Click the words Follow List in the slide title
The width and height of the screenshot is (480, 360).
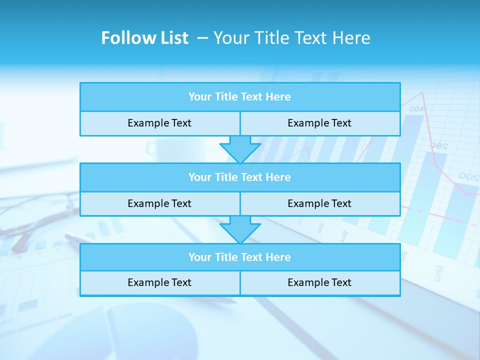(144, 38)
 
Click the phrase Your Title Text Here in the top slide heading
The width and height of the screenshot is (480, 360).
(291, 38)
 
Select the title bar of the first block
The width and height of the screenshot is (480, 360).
(240, 97)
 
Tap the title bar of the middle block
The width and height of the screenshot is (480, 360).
(240, 177)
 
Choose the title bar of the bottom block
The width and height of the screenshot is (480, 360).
(240, 257)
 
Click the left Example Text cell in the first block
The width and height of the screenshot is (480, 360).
(159, 123)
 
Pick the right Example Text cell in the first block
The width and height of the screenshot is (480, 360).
(319, 123)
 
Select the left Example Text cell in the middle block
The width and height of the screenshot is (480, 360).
(159, 203)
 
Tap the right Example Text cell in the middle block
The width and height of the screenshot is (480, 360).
(319, 203)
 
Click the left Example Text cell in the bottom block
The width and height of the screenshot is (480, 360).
(159, 282)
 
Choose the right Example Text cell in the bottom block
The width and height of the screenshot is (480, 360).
(319, 282)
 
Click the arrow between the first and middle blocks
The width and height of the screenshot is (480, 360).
(240, 149)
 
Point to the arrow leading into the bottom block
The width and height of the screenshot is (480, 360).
(240, 229)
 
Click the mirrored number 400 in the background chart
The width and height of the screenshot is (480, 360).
(416, 108)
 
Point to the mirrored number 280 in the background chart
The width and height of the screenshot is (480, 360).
(438, 146)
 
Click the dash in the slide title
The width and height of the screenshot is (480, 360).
(203, 38)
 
